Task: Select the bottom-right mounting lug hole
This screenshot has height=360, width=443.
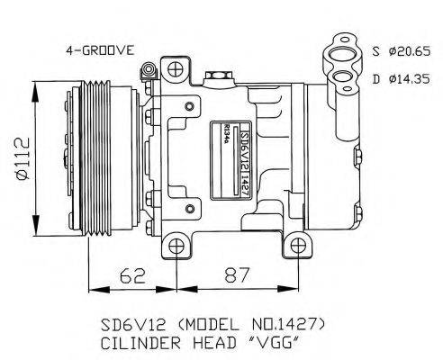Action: (x=296, y=246)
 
